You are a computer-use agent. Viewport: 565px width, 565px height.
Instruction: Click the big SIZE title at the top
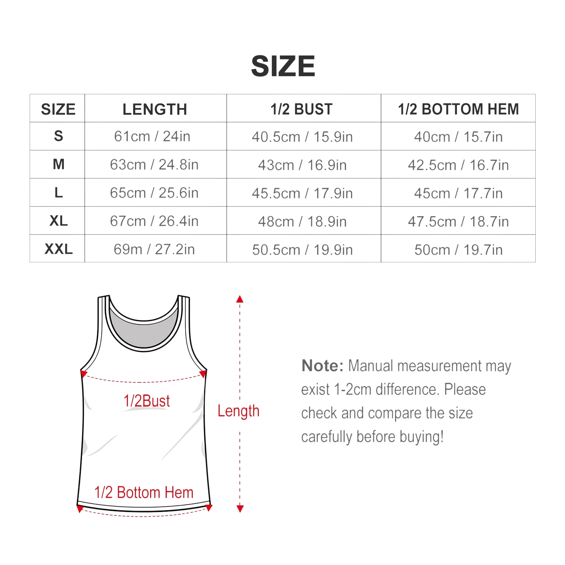[283, 66]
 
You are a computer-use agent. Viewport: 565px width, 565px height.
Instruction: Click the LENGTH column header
[155, 109]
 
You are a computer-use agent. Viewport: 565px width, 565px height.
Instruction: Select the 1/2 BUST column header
[302, 109]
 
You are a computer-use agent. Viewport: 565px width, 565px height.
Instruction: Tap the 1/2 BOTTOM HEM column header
[458, 109]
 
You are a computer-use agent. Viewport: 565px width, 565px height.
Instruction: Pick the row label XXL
[59, 249]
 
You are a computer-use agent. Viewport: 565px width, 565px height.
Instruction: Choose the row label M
[59, 164]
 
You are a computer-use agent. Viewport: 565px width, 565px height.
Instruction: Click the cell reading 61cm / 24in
[152, 136]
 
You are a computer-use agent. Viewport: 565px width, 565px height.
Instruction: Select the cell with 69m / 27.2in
[154, 249]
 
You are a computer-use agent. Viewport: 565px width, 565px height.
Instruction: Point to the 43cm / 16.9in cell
[302, 165]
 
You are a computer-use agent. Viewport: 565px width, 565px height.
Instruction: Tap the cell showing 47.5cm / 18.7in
[458, 221]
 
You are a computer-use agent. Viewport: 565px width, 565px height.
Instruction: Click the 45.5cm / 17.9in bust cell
[302, 193]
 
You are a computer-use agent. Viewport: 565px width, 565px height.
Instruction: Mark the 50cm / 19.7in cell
[458, 250]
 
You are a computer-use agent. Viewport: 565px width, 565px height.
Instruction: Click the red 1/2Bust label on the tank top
[147, 401]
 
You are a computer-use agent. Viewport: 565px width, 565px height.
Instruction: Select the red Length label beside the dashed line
[238, 411]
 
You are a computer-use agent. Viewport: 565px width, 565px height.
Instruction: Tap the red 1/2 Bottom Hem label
[144, 492]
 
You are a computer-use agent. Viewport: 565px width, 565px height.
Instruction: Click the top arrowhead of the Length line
[240, 299]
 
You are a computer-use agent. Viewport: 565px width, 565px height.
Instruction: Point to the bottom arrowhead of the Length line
[240, 509]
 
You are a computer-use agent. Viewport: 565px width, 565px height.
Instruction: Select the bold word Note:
[322, 366]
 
